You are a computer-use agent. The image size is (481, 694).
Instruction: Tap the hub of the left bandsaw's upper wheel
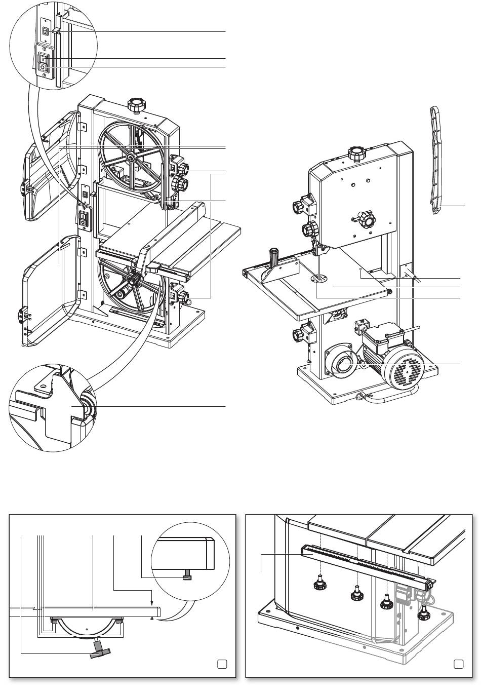point(131,159)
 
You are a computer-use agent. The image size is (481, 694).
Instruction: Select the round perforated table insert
point(319,278)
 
